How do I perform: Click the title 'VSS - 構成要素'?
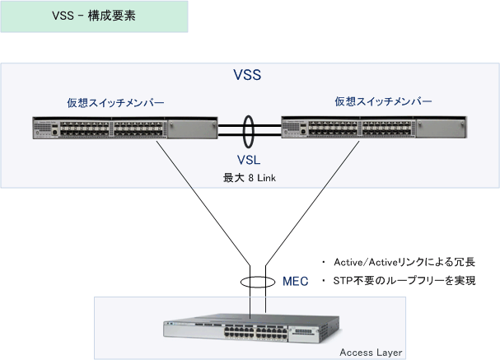pyautogui.click(x=94, y=16)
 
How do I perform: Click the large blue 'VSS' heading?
pyautogui.click(x=247, y=75)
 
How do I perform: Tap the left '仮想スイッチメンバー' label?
pyautogui.click(x=115, y=103)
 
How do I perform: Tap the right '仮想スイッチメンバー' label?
pyautogui.click(x=383, y=101)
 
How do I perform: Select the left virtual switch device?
pyautogui.click(x=125, y=128)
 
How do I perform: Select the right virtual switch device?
pyautogui.click(x=374, y=127)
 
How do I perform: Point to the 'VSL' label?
pyautogui.click(x=249, y=160)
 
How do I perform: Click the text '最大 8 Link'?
pyautogui.click(x=250, y=178)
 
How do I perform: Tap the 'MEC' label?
pyautogui.click(x=295, y=281)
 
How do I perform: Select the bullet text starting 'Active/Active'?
pyautogui.click(x=404, y=262)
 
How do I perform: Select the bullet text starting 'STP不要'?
pyautogui.click(x=404, y=281)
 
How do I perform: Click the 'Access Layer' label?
pyautogui.click(x=371, y=353)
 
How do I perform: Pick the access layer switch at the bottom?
pyautogui.click(x=252, y=329)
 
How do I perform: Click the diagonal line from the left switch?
pyautogui.click(x=203, y=203)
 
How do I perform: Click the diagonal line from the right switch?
pyautogui.click(x=312, y=203)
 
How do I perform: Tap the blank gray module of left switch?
pyautogui.click(x=192, y=129)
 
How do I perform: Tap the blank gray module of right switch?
pyautogui.click(x=442, y=129)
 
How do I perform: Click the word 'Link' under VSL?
pyautogui.click(x=266, y=178)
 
